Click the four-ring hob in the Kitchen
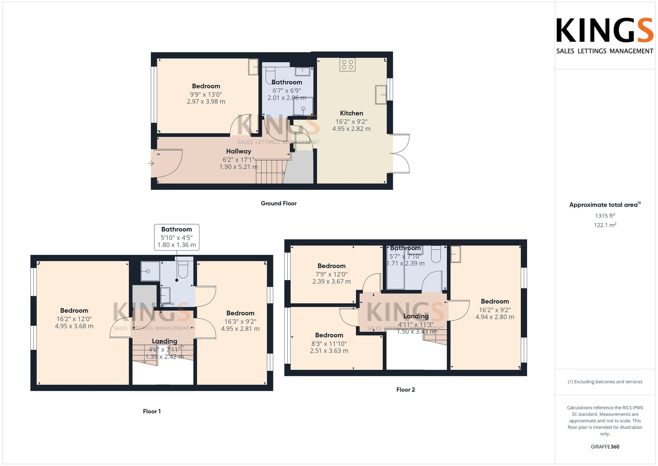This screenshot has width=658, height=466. click(x=347, y=65)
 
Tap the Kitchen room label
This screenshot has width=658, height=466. click(x=351, y=113)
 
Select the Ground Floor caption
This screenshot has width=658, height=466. click(x=279, y=204)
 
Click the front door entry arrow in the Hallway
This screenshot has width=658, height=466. click(x=151, y=163)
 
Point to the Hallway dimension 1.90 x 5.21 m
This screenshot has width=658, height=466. click(x=239, y=167)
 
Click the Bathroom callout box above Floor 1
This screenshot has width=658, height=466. click(x=177, y=237)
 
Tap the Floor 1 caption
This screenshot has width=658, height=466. click(x=152, y=411)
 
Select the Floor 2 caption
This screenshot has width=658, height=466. click(x=405, y=390)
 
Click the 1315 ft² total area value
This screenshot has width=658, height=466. click(x=605, y=216)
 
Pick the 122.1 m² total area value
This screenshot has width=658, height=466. click(x=605, y=225)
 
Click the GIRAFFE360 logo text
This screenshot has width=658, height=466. click(x=605, y=447)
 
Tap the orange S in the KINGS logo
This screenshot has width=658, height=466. click(x=645, y=31)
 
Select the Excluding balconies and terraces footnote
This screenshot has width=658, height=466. click(x=605, y=382)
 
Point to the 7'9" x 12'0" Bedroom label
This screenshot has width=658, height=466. click(x=331, y=274)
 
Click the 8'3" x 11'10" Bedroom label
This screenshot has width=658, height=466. click(x=329, y=343)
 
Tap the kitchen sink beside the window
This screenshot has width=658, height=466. click(x=381, y=95)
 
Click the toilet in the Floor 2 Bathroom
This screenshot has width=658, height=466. click(x=436, y=255)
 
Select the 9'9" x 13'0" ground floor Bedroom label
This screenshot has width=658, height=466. click(x=206, y=94)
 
